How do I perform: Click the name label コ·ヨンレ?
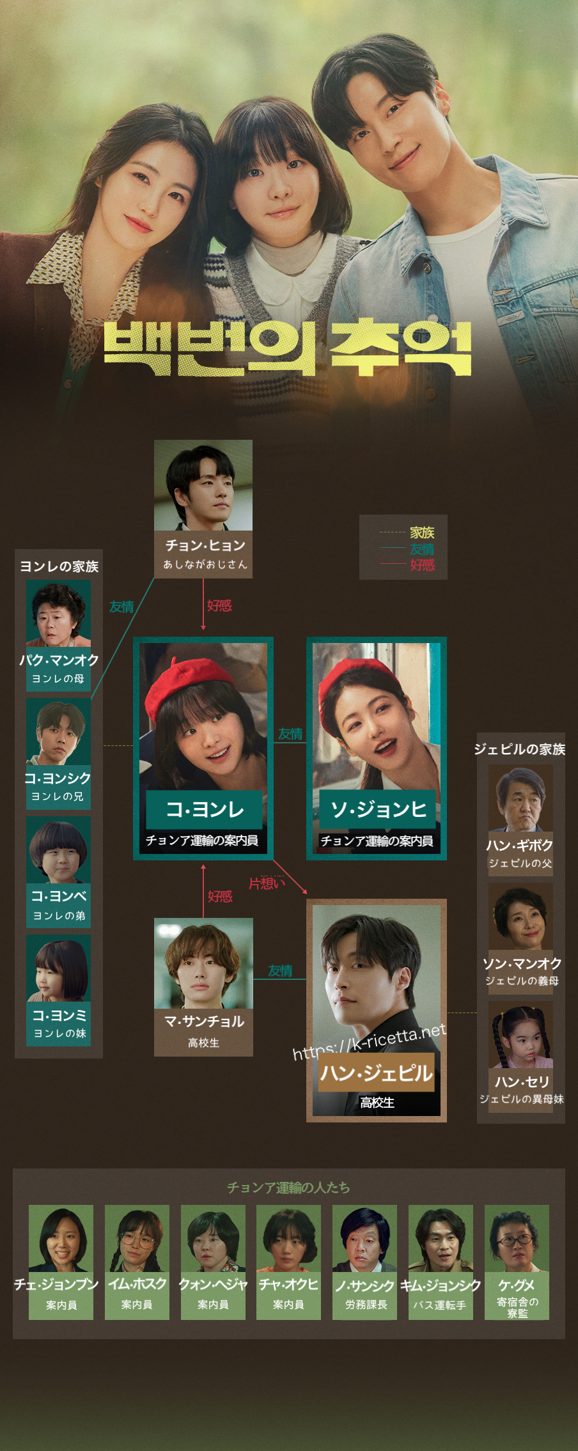pos(205,810)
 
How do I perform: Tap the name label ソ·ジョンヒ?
pos(378,810)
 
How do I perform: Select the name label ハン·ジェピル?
pos(377,1073)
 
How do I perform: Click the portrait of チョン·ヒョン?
pos(203,485)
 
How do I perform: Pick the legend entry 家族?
pos(422,532)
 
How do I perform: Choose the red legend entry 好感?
pos(422,565)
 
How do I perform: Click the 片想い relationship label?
pos(266,883)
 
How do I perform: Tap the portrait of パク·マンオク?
pos(58,614)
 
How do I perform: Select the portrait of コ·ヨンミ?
pos(58,968)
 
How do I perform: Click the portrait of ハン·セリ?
pos(520,1035)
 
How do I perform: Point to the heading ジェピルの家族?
pos(519,749)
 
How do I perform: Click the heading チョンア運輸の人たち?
pos(288,1188)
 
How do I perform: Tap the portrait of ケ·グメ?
pos(517,1238)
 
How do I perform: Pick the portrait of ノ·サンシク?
pos(364,1238)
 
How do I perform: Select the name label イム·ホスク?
pos(137,1284)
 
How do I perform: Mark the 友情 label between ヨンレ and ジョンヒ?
pos(290,734)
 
